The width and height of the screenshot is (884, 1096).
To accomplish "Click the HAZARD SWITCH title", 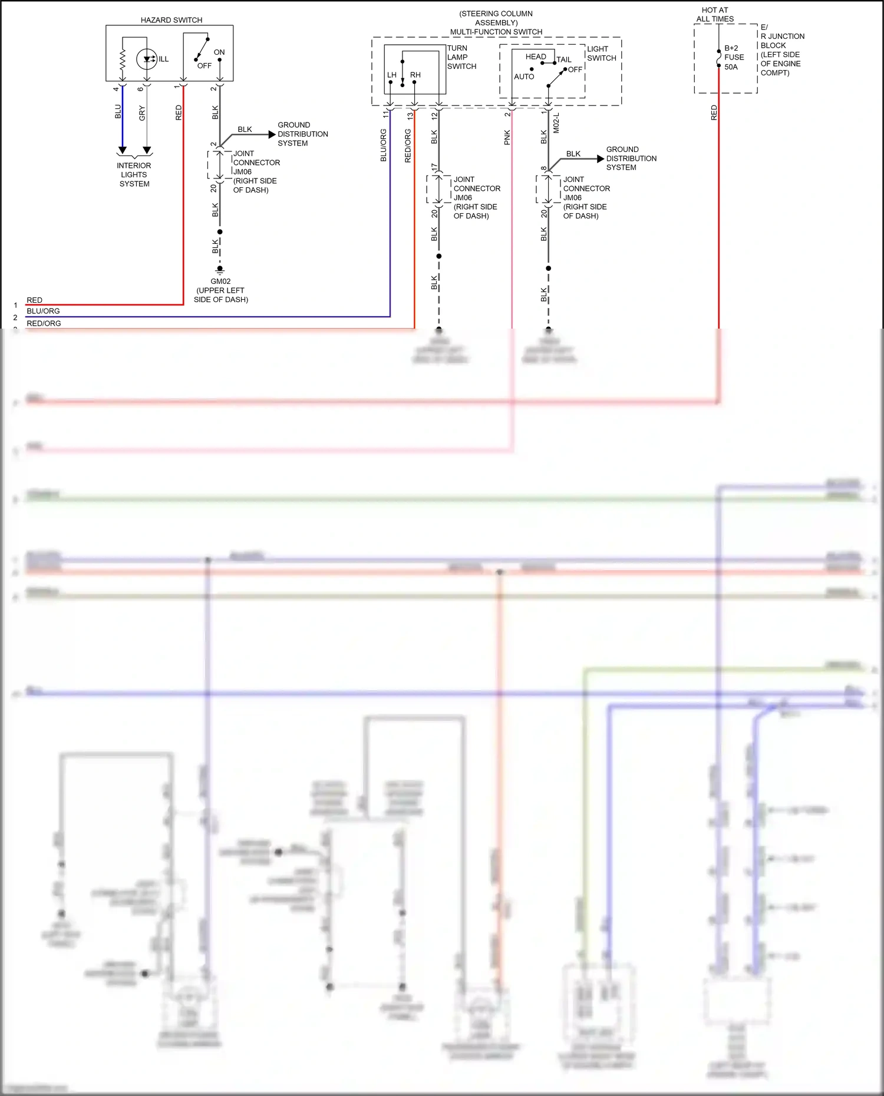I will coord(171,20).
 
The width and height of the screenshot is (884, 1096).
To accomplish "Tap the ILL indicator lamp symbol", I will coord(147,59).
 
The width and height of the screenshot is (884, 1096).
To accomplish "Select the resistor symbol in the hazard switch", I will coord(123,59).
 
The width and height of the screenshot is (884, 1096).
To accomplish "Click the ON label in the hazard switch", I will coord(219,52).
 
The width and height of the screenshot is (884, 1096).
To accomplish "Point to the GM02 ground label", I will coord(220,282).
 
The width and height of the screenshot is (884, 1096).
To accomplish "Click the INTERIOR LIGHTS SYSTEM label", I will coord(134,175).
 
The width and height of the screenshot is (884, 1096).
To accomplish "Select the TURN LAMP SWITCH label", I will coord(461,57).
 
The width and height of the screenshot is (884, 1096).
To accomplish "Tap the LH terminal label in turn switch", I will coord(392,75).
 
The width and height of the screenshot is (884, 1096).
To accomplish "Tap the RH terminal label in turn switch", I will coord(415,75).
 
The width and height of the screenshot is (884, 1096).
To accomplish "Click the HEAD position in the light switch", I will coord(536,57).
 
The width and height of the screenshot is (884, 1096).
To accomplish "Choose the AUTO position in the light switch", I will coord(524,77).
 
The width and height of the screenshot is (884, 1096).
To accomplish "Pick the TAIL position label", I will coord(564,59).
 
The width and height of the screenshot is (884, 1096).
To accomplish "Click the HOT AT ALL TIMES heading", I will coord(715,15).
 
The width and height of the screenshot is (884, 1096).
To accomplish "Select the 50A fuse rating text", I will coord(731,67).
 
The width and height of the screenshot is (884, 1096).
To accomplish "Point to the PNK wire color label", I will coord(507,138).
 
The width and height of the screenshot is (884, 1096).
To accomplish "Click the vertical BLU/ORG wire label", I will coord(384,145).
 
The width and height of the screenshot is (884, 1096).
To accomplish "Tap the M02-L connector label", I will coord(556,123).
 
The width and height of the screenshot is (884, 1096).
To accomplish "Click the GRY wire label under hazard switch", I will coord(142,113).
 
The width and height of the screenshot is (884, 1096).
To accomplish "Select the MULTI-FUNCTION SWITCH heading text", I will coord(496,32).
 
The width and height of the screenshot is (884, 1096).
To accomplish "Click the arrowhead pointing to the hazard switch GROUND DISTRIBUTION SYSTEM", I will coord(272,134).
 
